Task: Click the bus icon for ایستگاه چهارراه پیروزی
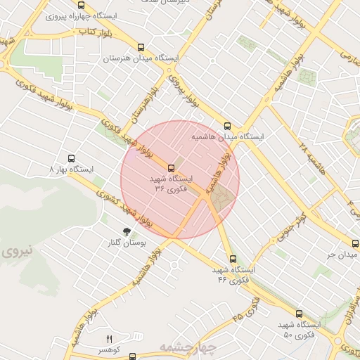point(81,5)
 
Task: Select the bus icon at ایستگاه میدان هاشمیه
point(226,126)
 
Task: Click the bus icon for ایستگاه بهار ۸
point(70,159)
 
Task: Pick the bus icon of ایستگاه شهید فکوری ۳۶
point(172,167)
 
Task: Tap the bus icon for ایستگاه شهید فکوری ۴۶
point(233,258)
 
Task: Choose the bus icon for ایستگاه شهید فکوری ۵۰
point(300,314)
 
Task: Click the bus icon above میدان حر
point(354,243)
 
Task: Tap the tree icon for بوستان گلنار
point(127,231)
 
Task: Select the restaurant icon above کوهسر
point(109,339)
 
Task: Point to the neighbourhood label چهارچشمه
point(185,347)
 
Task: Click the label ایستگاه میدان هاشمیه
point(252,137)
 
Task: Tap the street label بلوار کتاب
point(96,32)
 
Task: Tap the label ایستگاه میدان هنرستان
point(141,58)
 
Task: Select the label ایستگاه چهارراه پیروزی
point(81,15)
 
